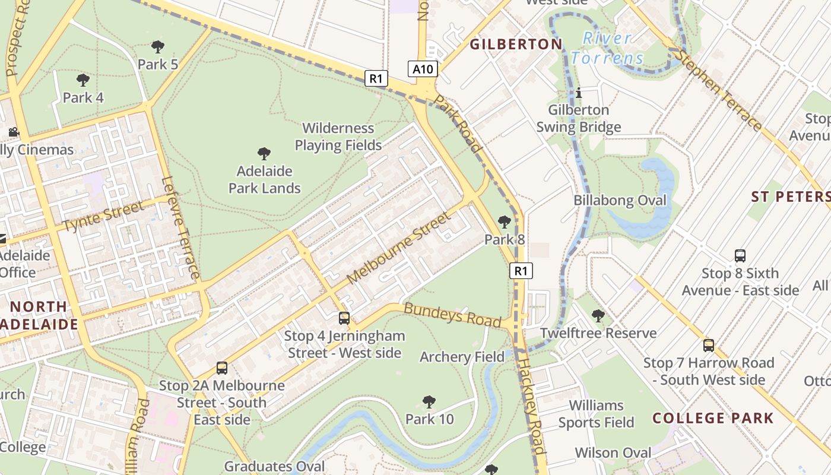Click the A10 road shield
423,69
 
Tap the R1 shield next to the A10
376,78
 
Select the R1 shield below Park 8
521,271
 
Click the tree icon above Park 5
158,46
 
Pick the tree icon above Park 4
83,80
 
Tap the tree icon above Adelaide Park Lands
264,154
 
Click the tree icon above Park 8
505,222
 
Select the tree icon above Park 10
429,402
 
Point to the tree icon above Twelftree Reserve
598,316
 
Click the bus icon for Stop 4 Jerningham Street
344,318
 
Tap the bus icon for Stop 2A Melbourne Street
222,368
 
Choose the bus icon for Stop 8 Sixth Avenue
740,256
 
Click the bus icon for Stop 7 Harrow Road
708,346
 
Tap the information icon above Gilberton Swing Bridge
579,93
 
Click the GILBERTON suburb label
516,44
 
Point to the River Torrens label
607,48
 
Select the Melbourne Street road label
399,248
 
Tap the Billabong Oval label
620,201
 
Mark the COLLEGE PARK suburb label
713,418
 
